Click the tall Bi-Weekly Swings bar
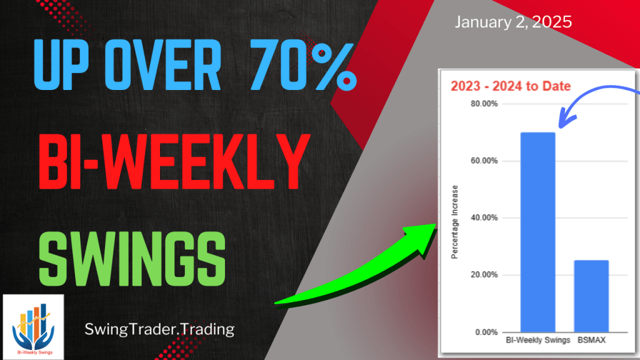pyautogui.click(x=537, y=231)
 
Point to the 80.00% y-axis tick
pyautogui.click(x=484, y=104)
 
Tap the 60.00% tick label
pyautogui.click(x=484, y=161)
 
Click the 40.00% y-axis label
pyautogui.click(x=484, y=217)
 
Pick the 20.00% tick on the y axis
pyautogui.click(x=484, y=275)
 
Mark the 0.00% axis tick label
pyautogui.click(x=486, y=332)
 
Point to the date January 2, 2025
pyautogui.click(x=513, y=23)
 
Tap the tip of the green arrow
pyautogui.click(x=436, y=226)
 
